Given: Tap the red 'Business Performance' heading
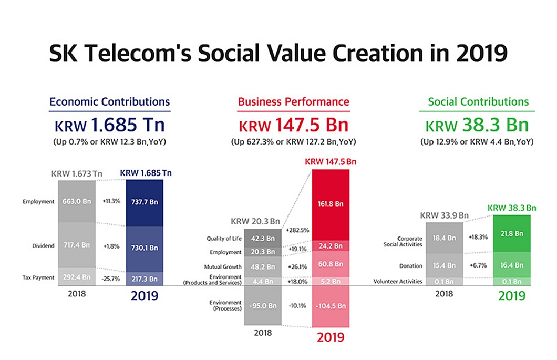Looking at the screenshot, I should (x=293, y=102).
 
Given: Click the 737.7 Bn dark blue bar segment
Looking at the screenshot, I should (x=145, y=201).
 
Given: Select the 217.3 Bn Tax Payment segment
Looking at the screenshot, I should (x=145, y=277).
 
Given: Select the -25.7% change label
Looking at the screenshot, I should (x=110, y=277).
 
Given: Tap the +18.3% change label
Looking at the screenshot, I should (x=479, y=237).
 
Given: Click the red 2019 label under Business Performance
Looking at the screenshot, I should (x=331, y=337).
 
